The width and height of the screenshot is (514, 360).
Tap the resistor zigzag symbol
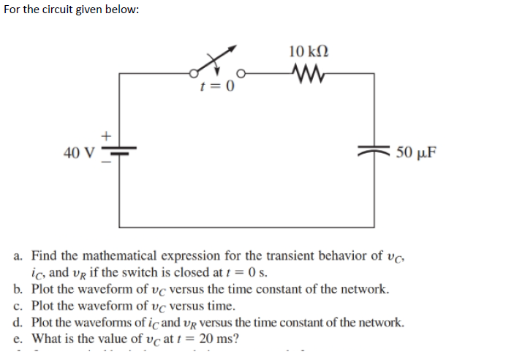308,72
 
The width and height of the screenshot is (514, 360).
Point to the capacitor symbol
375,152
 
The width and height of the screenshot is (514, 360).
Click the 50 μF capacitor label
416,153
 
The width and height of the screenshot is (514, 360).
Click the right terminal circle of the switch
238,73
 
